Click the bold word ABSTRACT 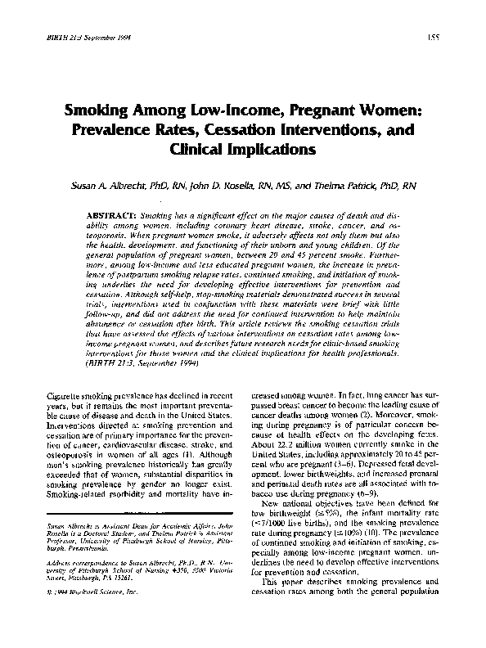(x=110, y=213)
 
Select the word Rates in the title (x=175, y=131)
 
